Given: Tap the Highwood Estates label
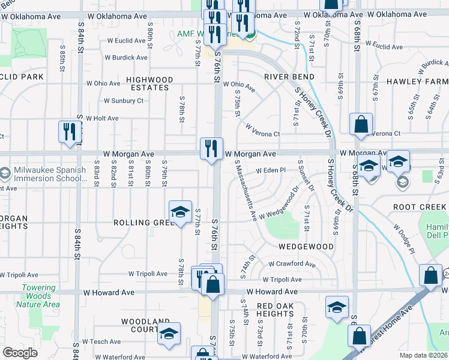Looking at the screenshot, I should [150, 83].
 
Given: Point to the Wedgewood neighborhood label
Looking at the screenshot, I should [306, 247].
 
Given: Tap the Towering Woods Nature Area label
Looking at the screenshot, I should [41, 296].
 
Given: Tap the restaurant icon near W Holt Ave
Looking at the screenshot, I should [70, 132].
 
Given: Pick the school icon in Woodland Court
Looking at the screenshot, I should [169, 333].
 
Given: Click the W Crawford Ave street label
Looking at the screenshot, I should [292, 264].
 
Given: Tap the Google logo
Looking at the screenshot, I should [20, 353].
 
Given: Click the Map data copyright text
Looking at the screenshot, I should [423, 355].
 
